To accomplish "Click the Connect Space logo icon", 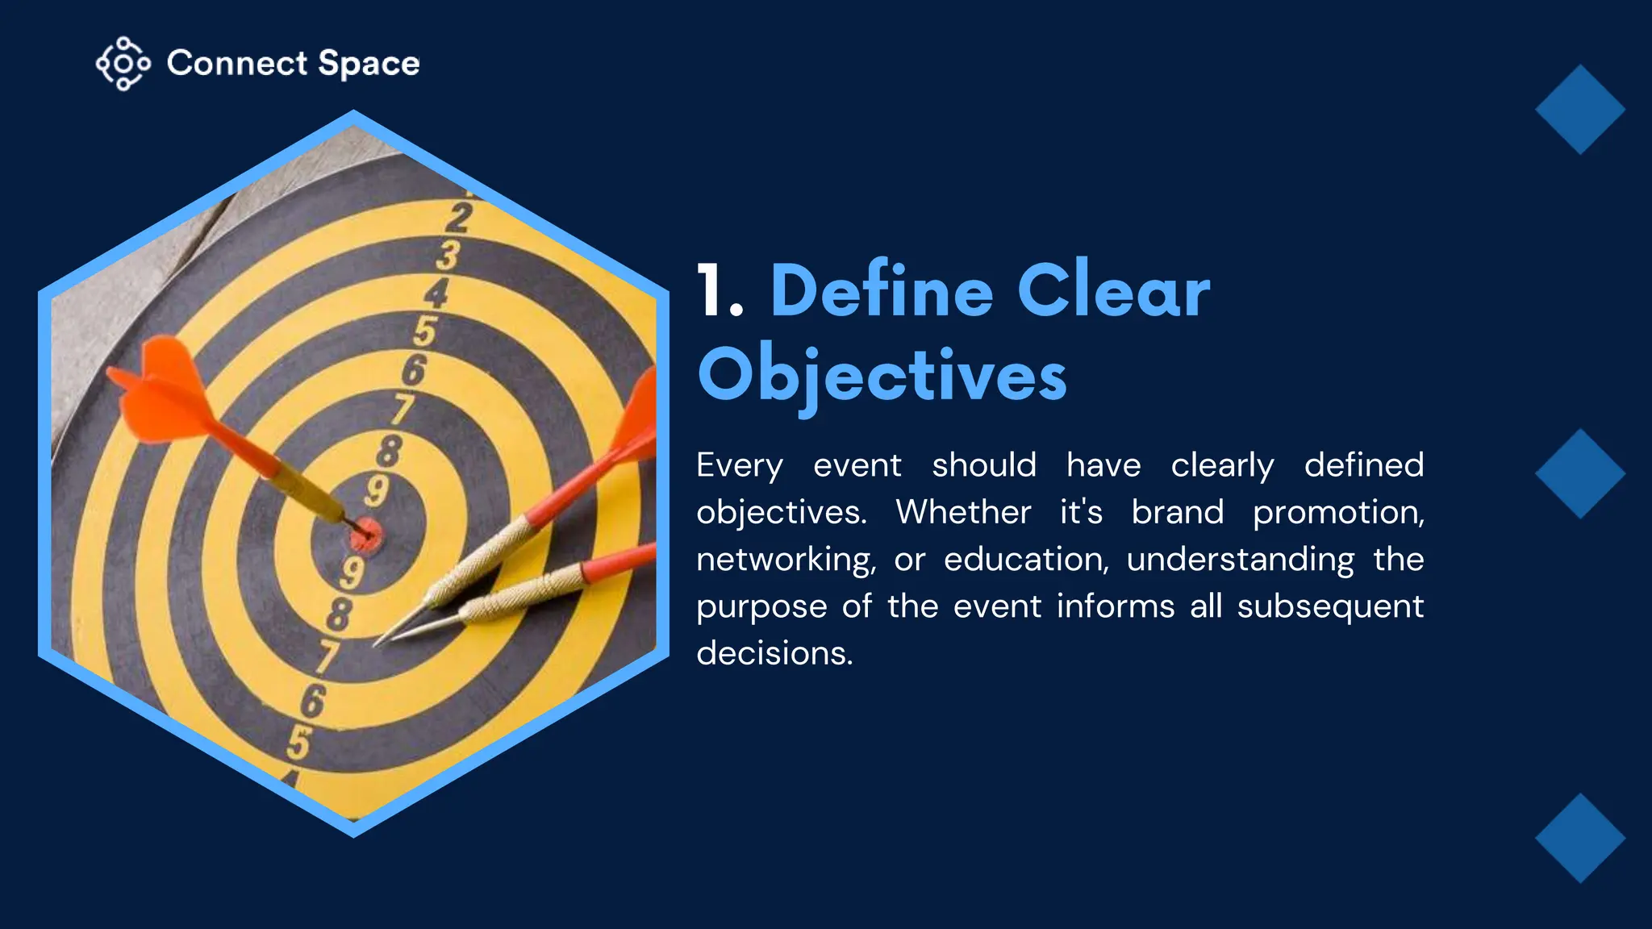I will pos(123,63).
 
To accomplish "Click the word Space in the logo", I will pos(369,64).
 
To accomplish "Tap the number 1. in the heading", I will pos(719,292).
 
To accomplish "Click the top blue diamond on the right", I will pos(1579,110).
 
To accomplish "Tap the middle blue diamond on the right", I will pos(1579,473).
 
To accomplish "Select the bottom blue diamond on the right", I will pos(1579,838).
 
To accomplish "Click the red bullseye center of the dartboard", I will pos(367,534).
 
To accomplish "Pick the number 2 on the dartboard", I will pos(458,218).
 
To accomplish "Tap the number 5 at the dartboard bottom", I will pos(298,743).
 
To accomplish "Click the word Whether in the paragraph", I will pos(963,512).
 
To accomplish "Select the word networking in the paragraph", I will pos(786,560).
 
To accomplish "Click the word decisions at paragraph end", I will pos(774,652).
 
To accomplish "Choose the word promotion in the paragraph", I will pos(1338,513).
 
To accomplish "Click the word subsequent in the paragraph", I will pos(1330,606).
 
